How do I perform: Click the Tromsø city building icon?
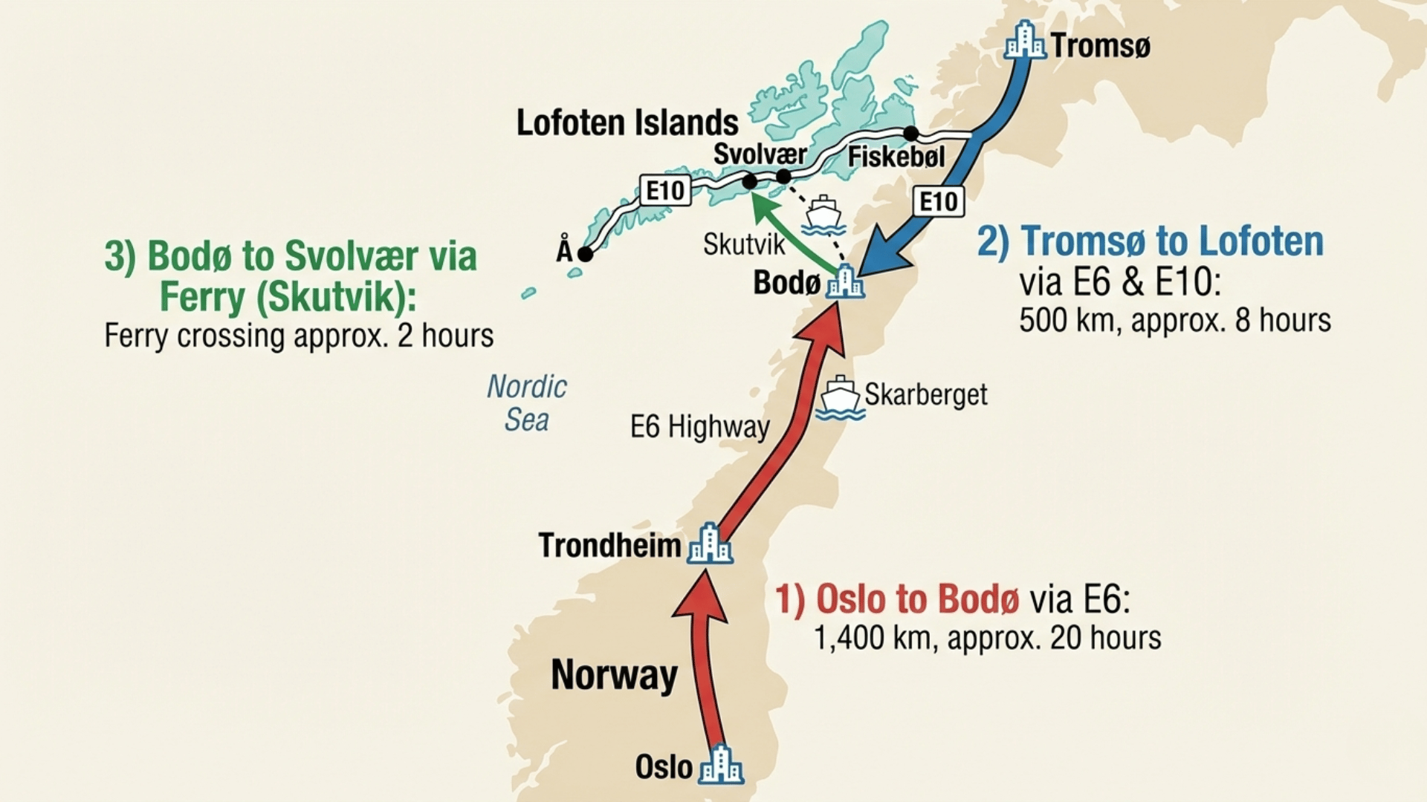pyautogui.click(x=1025, y=41)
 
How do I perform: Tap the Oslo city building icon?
pyautogui.click(x=720, y=765)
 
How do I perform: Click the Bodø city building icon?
pyautogui.click(x=846, y=281)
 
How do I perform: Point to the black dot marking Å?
pyautogui.click(x=585, y=254)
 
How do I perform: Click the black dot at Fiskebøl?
pyautogui.click(x=910, y=134)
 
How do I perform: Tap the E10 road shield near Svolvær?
pyautogui.click(x=664, y=191)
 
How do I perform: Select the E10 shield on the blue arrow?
pyautogui.click(x=939, y=201)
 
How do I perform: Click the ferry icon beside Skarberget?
pyautogui.click(x=840, y=398)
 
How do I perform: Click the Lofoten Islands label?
pyautogui.click(x=627, y=123)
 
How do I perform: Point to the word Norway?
pyautogui.click(x=614, y=674)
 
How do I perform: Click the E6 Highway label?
pyautogui.click(x=699, y=427)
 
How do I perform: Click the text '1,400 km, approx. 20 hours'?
pyautogui.click(x=987, y=638)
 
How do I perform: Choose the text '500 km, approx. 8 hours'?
pyautogui.click(x=1174, y=320)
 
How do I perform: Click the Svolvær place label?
pyautogui.click(x=760, y=154)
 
